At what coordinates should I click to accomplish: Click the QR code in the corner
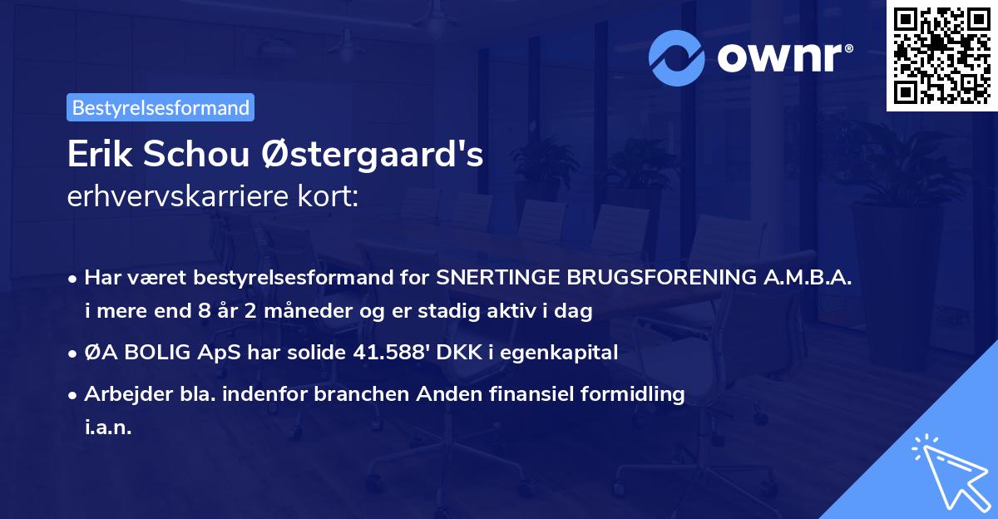pos(942,56)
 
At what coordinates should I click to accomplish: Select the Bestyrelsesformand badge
pos(161,107)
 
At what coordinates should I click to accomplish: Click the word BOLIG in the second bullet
pos(158,353)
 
